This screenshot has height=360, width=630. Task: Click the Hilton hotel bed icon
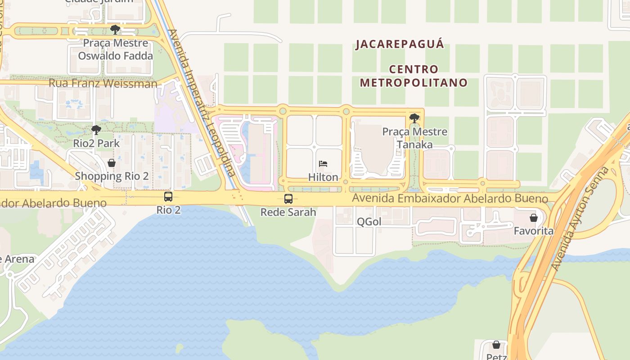[x=323, y=164]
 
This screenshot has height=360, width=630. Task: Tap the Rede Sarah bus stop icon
[x=288, y=198]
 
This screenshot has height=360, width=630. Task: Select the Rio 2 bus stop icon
[x=168, y=197]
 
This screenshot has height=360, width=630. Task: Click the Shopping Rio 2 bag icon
[x=112, y=163]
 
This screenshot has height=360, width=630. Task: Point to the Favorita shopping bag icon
[x=534, y=218]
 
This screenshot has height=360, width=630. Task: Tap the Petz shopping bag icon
[x=496, y=345]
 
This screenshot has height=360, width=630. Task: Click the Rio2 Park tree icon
[x=96, y=130]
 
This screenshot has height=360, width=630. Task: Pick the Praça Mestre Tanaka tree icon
[x=414, y=118]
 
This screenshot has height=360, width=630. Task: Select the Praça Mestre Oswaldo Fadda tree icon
[x=115, y=30]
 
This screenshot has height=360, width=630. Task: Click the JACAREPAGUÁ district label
[x=400, y=44]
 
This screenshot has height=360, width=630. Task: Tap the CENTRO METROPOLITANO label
[x=414, y=76]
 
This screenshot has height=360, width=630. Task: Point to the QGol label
[x=369, y=221]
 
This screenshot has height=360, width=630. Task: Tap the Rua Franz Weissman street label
[x=103, y=83]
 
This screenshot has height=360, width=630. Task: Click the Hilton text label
[x=323, y=177]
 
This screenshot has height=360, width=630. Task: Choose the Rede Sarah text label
[x=288, y=212]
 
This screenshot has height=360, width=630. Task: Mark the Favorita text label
[x=534, y=231]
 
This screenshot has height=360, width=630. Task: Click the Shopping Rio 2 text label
[x=112, y=176]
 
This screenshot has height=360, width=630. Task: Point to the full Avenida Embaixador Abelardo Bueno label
[x=450, y=198]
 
